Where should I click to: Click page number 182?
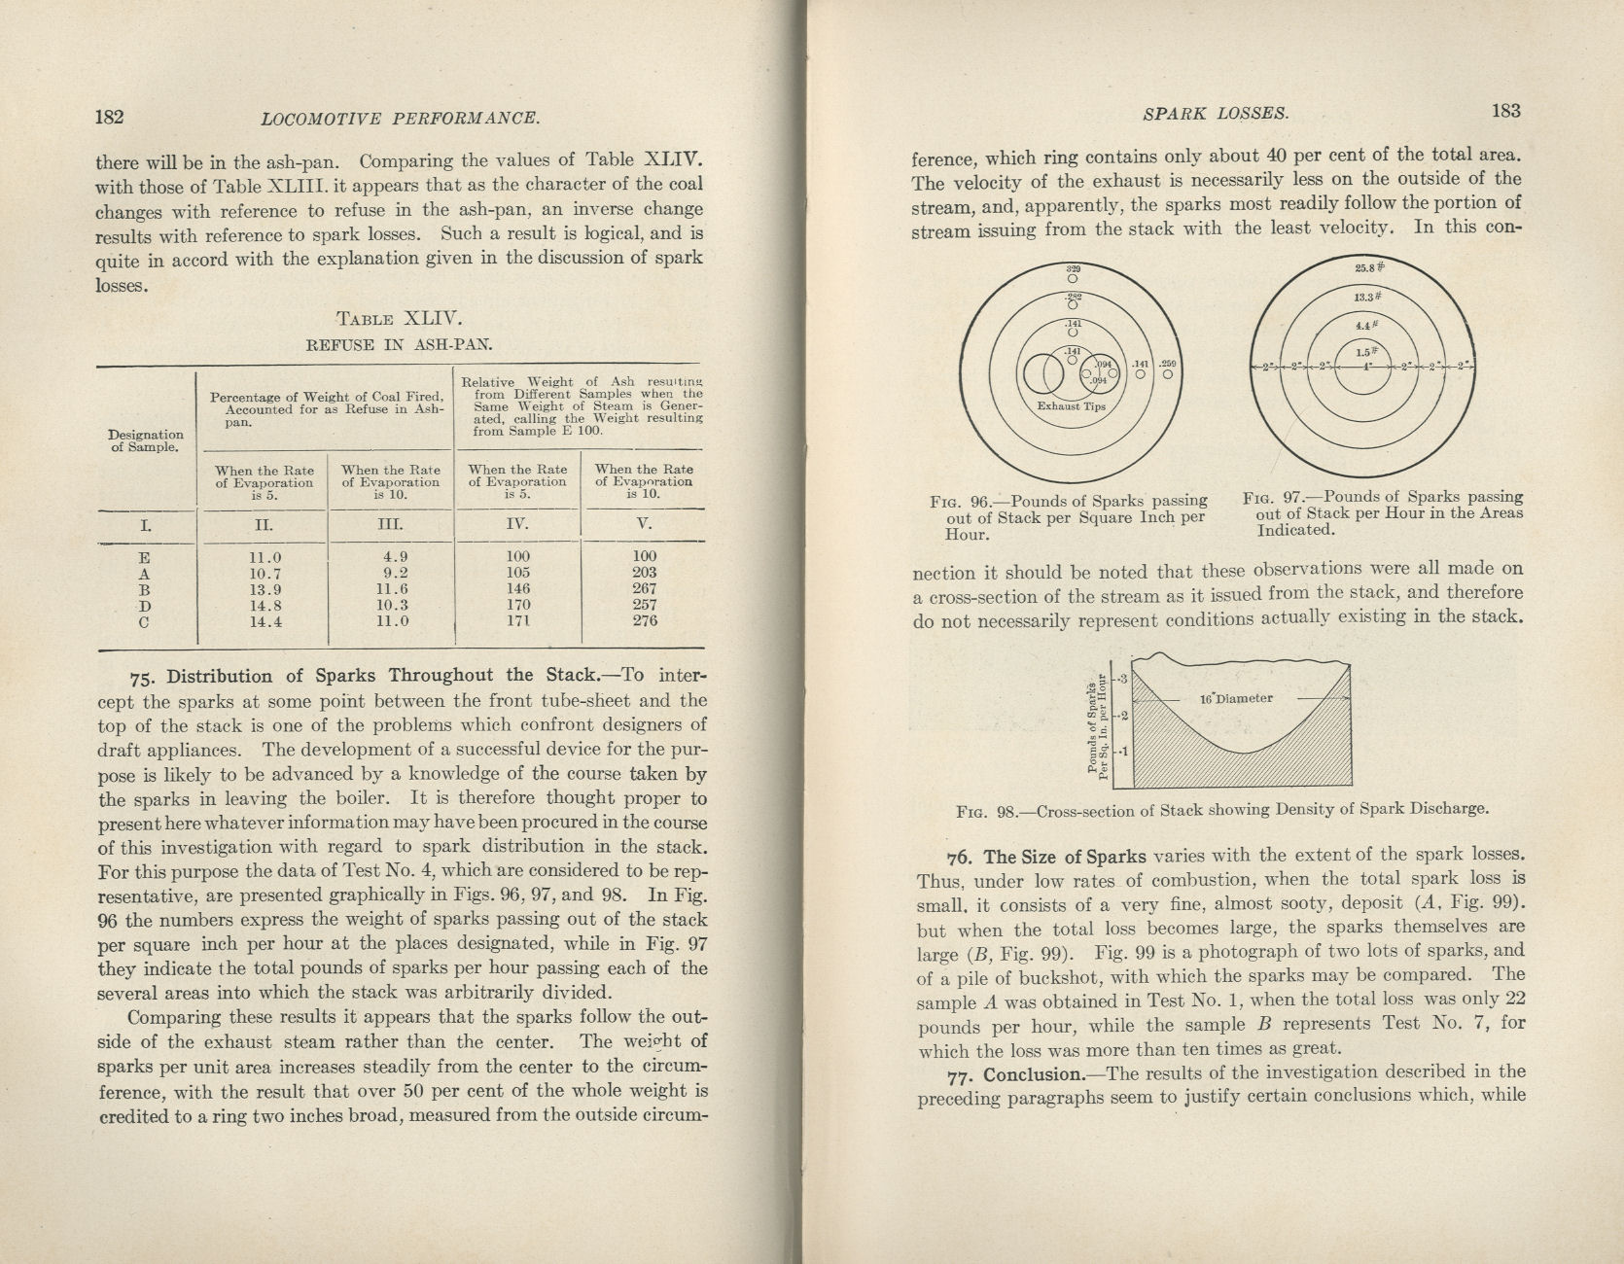[109, 118]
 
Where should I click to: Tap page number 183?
[1504, 111]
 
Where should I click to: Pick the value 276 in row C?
[644, 620]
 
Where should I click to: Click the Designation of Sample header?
[146, 440]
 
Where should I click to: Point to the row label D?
[144, 605]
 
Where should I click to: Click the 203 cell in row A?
[644, 573]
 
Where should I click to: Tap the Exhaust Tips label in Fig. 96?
[1071, 406]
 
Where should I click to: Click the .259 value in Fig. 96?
[1168, 365]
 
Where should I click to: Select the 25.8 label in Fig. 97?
[1368, 268]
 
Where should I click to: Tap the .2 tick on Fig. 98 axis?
[1122, 716]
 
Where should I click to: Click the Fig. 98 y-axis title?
[1099, 724]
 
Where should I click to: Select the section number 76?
[960, 858]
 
